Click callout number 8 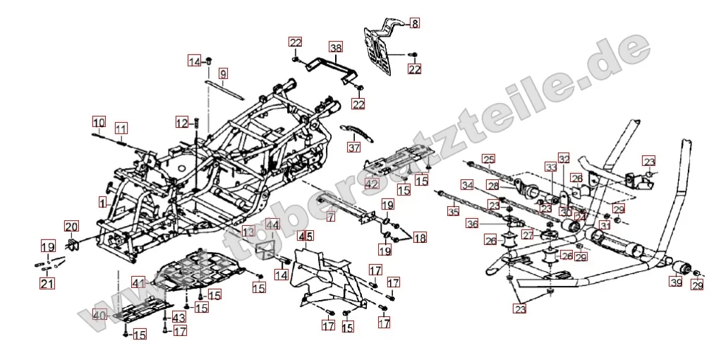click(x=414, y=23)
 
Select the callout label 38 click(x=336, y=48)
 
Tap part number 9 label click(x=223, y=73)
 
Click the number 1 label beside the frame click(x=102, y=202)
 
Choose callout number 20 click(x=71, y=227)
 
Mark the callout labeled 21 click(x=47, y=284)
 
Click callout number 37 click(x=353, y=148)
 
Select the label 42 click(x=372, y=184)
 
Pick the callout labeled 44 click(x=272, y=225)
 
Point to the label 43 click(x=178, y=318)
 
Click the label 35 click(x=454, y=210)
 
